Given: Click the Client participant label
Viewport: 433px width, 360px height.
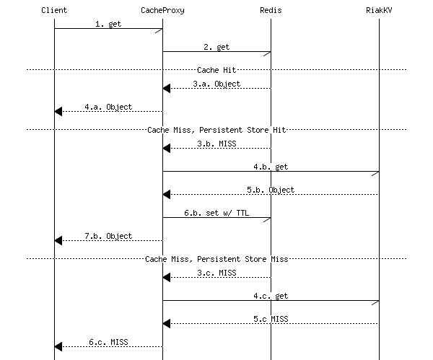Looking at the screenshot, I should (x=54, y=10).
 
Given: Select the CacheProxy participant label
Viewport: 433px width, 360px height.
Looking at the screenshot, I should (x=162, y=10).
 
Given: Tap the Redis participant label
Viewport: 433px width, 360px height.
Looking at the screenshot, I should (x=271, y=10).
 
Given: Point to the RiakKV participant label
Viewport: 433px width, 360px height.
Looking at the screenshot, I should (x=379, y=10).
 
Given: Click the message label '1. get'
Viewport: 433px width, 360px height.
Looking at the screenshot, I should (x=108, y=24).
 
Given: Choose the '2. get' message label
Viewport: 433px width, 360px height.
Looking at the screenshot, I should (x=216, y=47).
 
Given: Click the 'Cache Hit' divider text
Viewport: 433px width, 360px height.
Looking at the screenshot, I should (x=216, y=70).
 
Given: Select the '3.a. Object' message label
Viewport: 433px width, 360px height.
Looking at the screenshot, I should (x=216, y=84).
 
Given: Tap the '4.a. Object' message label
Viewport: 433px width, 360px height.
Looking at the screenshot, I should (x=108, y=107).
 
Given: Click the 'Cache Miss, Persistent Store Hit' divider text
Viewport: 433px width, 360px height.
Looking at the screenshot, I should (x=216, y=130).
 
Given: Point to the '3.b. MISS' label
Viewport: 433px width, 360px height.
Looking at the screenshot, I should (x=216, y=144).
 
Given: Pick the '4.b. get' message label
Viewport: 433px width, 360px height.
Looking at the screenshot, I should (x=271, y=167).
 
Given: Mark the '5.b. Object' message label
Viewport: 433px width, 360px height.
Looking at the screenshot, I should (x=271, y=190).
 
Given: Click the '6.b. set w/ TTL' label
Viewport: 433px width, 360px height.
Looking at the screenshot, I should (x=216, y=213).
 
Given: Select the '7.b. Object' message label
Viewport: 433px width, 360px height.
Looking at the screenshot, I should (x=108, y=236).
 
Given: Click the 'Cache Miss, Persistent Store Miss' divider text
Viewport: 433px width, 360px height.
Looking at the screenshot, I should (x=216, y=258).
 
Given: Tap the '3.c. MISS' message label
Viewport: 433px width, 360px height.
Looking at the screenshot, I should (x=216, y=273).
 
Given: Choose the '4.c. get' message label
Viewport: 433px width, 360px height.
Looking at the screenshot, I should (x=271, y=296).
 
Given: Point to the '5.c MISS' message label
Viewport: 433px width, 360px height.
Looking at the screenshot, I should (x=271, y=319).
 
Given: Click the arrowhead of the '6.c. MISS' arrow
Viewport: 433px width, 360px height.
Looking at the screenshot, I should (x=58, y=346).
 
